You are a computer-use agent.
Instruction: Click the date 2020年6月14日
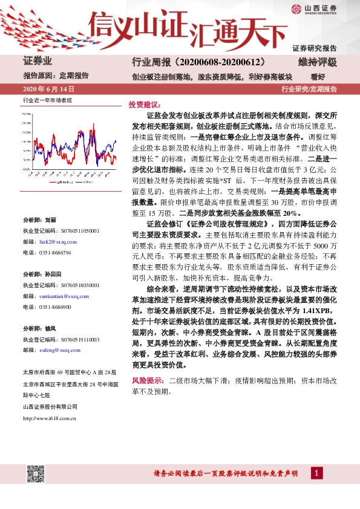pyautogui.click(x=47, y=89)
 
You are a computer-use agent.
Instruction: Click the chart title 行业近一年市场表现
pyautogui.click(x=47, y=100)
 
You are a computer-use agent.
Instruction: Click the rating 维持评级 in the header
pyautogui.click(x=317, y=62)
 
